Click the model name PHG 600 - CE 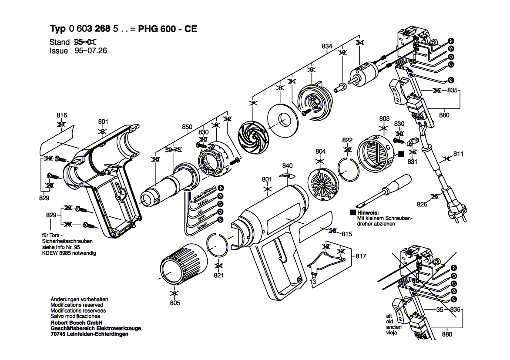(167, 29)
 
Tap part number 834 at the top (327, 46)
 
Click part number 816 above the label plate (62, 115)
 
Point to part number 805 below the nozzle (174, 303)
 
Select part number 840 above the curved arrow (287, 166)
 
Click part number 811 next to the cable (458, 154)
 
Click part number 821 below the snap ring (218, 276)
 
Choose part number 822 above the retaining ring (347, 140)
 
